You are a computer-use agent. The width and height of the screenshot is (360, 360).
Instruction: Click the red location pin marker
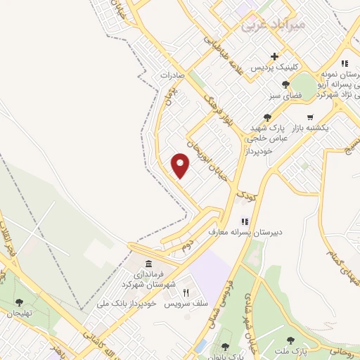coord(181,167)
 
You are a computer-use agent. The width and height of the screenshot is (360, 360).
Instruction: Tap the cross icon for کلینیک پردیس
coord(275,56)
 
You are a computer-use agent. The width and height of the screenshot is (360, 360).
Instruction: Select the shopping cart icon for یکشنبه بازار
coord(310,117)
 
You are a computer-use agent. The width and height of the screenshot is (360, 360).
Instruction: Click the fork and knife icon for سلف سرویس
coord(186,292)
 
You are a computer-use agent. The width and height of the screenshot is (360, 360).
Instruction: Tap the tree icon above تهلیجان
coord(19,303)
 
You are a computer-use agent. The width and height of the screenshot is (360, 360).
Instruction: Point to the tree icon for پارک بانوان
coord(224,347)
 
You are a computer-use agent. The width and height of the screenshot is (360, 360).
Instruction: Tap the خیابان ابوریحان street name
coord(202,157)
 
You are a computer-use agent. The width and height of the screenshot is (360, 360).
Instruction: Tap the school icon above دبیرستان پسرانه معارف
coord(245,221)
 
